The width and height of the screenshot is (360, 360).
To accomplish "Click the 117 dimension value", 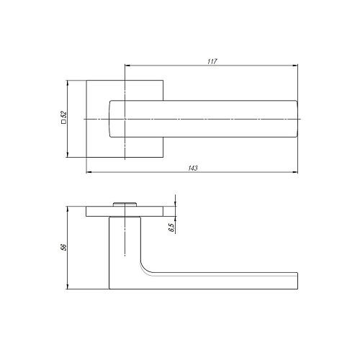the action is (x=212, y=61).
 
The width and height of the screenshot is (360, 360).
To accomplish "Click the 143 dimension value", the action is (x=193, y=168).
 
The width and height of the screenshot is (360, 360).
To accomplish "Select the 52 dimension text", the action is (x=63, y=114).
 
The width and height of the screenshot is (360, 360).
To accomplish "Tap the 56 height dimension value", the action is (x=63, y=247).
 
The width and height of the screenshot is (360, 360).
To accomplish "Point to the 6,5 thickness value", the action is (x=171, y=228).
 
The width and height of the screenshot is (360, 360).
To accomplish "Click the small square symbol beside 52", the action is (x=63, y=122).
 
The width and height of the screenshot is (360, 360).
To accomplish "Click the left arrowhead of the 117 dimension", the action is (x=127, y=66).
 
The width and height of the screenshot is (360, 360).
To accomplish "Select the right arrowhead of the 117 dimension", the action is (x=295, y=66).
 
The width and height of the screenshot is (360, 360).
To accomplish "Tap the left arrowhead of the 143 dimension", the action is (x=89, y=172).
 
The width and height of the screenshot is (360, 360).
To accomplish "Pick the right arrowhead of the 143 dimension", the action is (x=295, y=172).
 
